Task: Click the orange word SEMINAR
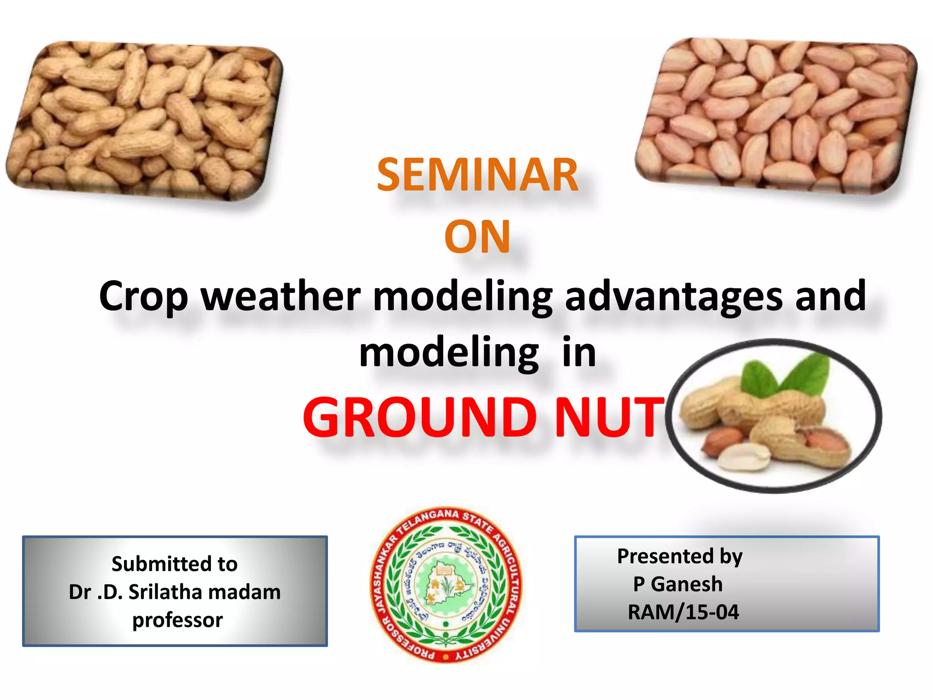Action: coord(477,175)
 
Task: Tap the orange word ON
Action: coord(477,237)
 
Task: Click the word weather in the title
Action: coord(281,296)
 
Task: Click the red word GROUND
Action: coord(420,417)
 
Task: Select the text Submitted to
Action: coord(174,564)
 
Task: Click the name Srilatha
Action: coord(165,592)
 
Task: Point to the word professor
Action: coord(177,620)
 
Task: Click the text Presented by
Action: coord(679,556)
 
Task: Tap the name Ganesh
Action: coord(687,584)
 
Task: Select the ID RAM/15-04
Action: coord(683,612)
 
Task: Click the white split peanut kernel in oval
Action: coord(743,457)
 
